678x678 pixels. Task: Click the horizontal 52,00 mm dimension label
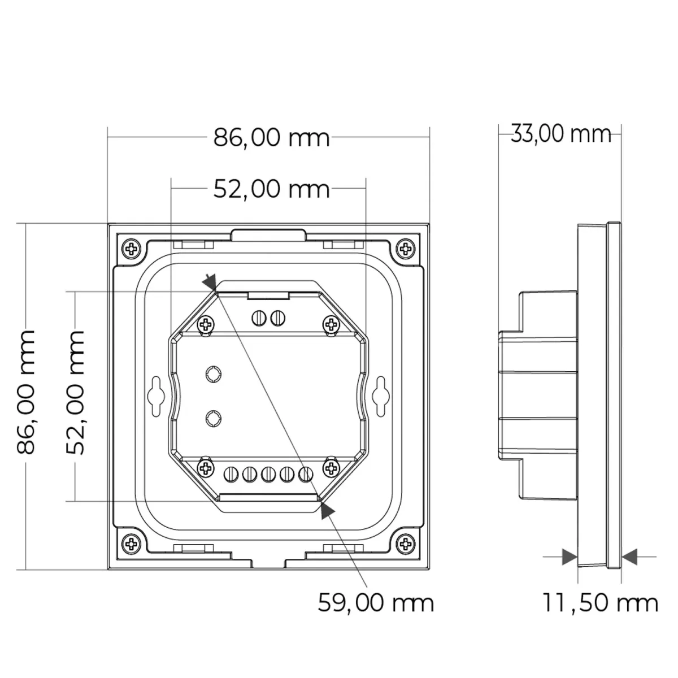271,189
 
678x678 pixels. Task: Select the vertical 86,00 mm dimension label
26,392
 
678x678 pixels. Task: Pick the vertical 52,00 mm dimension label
76,392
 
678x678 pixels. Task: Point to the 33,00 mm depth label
561,134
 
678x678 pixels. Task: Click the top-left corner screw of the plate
132,249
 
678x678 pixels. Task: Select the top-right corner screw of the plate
405,249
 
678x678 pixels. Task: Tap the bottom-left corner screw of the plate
132,544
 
